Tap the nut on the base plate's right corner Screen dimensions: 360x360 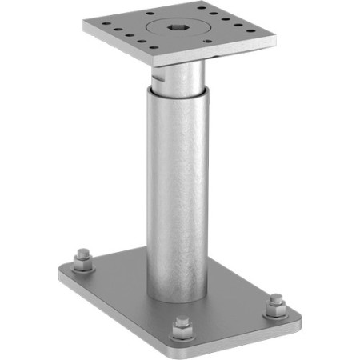point(275,301)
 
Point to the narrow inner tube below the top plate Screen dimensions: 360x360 point(182,76)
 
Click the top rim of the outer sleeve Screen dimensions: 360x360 point(177,90)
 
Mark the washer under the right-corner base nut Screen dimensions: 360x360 point(275,310)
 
